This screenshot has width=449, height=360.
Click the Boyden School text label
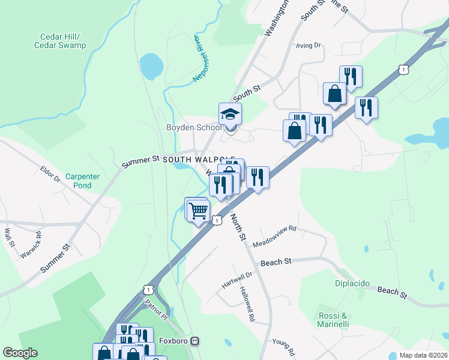click(193, 127)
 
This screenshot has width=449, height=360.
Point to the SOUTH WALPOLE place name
click(198, 159)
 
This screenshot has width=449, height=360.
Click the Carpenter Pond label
click(79, 181)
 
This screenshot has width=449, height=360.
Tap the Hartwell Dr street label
click(238, 278)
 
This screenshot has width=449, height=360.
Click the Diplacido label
click(352, 283)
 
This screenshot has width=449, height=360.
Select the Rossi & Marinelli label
click(333, 320)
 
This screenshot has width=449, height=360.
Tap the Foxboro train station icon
click(194, 341)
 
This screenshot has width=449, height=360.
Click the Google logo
click(20, 352)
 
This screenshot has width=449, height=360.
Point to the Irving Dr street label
click(309, 45)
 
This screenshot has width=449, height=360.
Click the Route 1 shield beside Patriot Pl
click(148, 289)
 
